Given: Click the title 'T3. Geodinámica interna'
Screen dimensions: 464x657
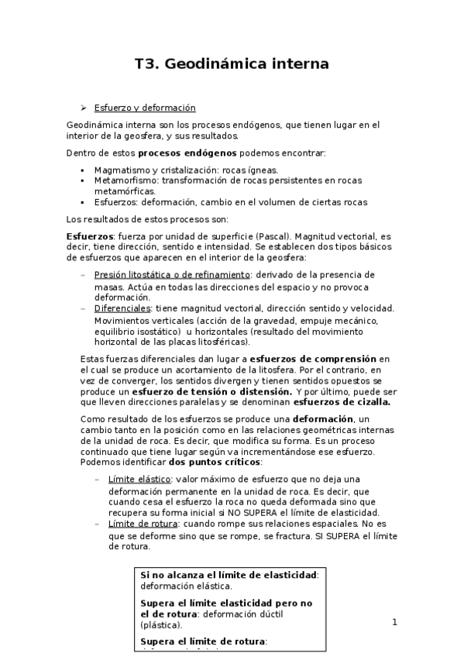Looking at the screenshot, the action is click(232, 64).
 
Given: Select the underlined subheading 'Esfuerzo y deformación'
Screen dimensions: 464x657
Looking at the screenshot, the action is click(144, 108).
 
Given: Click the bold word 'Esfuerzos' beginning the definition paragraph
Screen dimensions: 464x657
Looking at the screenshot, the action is click(90, 236).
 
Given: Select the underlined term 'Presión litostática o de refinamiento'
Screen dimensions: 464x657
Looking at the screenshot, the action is click(171, 275).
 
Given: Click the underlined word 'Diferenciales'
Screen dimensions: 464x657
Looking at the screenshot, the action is click(121, 308).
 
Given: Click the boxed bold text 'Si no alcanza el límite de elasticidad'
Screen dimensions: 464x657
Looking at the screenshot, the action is click(229, 575).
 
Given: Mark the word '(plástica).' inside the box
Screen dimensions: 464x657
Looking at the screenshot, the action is click(162, 624).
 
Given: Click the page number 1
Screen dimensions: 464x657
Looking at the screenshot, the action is click(394, 621).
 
